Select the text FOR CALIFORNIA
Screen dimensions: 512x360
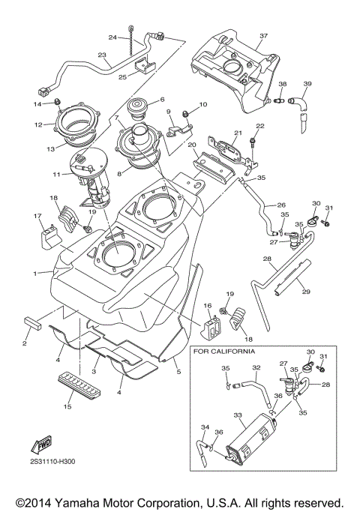[223, 351]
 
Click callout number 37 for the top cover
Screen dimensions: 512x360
[264, 35]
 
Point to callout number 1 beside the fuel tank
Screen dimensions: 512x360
[34, 273]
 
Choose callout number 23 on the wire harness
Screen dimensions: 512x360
[102, 55]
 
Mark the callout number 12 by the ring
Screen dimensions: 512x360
[38, 124]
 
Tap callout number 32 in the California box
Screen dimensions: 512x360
[256, 368]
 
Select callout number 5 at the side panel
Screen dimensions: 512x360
[178, 370]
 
